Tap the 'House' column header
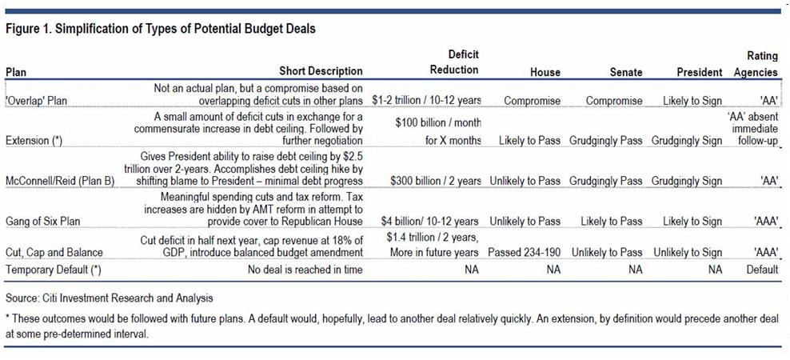tap(545, 72)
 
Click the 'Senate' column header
tap(625, 72)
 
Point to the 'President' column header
tap(699, 72)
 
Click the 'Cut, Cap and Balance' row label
tap(54, 253)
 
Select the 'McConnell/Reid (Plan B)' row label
tap(61, 182)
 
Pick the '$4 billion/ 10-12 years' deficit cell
tap(427, 222)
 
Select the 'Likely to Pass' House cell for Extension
tap(529, 142)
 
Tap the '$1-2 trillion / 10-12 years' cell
tap(426, 102)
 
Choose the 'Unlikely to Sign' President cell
tap(688, 253)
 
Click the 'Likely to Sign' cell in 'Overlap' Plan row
tap(692, 102)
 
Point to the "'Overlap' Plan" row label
tap(37, 102)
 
